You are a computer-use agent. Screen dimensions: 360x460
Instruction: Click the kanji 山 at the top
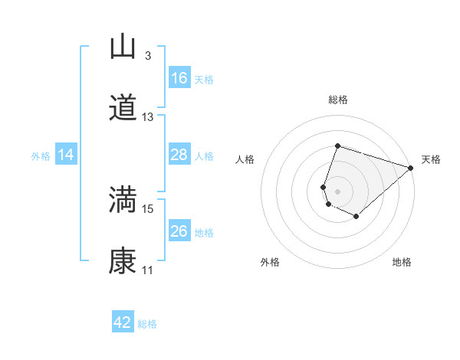(x=123, y=47)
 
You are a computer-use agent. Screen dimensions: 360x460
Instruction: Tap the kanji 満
(x=123, y=201)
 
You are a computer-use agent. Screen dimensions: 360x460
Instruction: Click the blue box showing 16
(x=179, y=78)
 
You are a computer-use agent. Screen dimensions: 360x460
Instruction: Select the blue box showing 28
(x=179, y=155)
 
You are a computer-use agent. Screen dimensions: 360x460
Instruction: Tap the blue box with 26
(x=179, y=231)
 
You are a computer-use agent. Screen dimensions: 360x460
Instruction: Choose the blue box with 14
(x=66, y=155)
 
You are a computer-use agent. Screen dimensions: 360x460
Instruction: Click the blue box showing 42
(x=123, y=322)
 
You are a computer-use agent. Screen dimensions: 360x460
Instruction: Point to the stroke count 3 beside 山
(x=148, y=56)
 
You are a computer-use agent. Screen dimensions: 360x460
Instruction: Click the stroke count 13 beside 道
(x=148, y=117)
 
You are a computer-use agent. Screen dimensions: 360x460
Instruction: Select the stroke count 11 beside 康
(x=148, y=270)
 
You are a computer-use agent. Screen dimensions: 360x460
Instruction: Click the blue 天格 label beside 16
(x=204, y=79)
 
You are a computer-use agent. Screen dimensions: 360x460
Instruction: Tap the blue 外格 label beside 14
(x=41, y=156)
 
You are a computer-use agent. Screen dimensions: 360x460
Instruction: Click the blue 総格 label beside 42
(x=147, y=324)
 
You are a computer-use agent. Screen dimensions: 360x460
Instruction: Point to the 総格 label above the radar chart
(x=337, y=100)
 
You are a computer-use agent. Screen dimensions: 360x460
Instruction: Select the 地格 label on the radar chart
(x=402, y=263)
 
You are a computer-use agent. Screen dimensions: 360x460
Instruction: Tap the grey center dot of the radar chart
(x=337, y=191)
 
